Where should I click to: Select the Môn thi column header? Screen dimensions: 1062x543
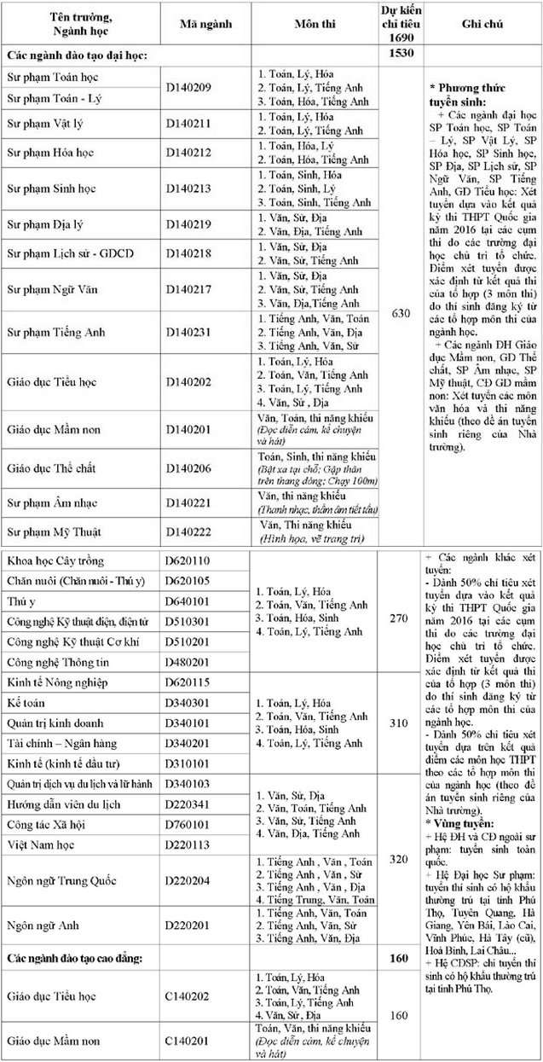(312, 24)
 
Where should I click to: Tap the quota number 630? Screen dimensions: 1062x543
(400, 314)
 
